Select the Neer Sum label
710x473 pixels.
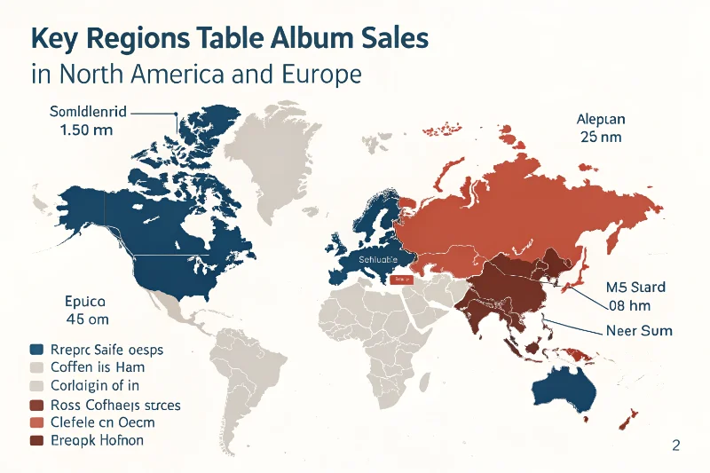639,330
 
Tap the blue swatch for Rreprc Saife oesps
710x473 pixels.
36,349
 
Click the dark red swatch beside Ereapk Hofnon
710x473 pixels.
36,441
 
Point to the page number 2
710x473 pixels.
675,446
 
